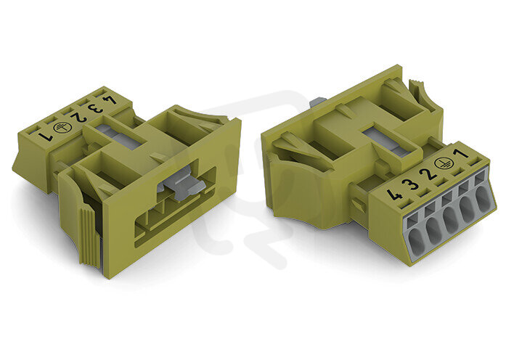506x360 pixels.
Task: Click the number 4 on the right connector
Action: coord(393,195)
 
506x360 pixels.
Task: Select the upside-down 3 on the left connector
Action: coord(96,109)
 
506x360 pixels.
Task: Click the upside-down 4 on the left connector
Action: coord(110,100)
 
